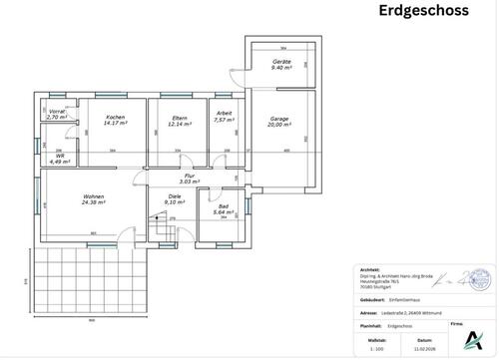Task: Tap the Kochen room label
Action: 114,118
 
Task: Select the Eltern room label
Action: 181,118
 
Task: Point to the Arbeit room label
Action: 225,114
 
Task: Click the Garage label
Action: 278,119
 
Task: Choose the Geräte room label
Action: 282,62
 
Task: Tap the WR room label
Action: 60,155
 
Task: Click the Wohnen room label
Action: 94,196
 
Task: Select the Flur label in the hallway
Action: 189,175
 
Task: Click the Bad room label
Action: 222,206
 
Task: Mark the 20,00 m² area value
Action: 278,126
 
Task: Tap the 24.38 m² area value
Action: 94,203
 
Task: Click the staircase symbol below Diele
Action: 161,230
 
